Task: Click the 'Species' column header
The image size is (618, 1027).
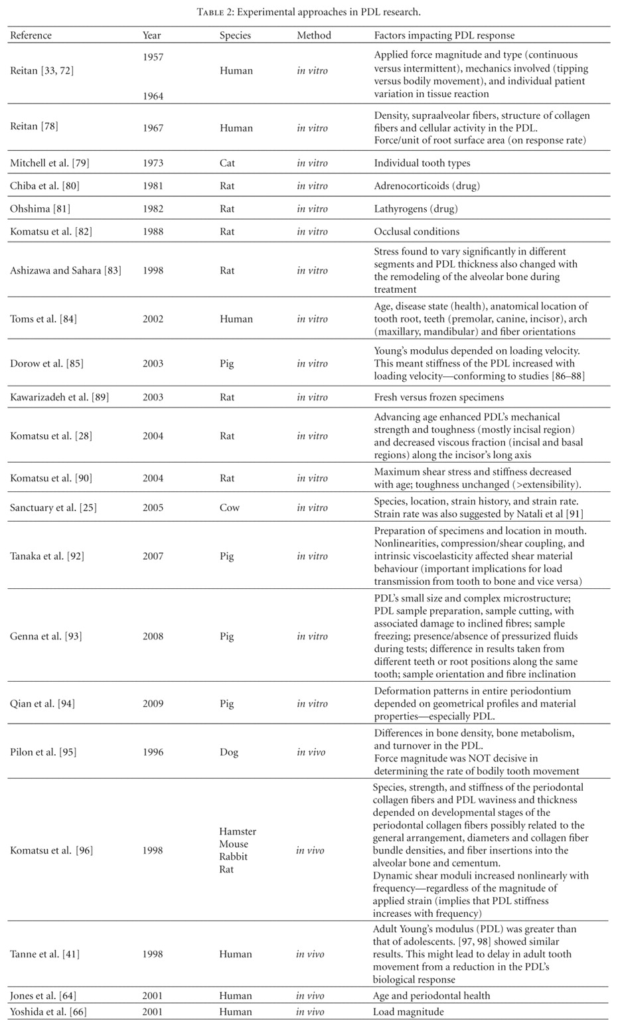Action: pos(235,35)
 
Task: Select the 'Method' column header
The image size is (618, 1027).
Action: pos(313,35)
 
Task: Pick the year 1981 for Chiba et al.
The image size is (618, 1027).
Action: pos(153,186)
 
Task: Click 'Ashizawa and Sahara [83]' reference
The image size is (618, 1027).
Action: pos(66,270)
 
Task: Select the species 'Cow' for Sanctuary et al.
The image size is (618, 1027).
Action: pos(229,508)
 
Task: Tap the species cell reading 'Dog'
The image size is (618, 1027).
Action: pos(229,752)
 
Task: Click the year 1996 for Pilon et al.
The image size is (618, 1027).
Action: pos(153,752)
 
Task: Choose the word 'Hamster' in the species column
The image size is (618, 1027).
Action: pos(238,831)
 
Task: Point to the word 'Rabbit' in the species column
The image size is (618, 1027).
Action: pos(234,856)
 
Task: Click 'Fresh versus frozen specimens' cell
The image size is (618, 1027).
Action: pos(439,397)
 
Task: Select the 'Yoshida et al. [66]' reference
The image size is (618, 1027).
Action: pos(48,1012)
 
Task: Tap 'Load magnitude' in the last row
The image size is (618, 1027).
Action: pos(408,1012)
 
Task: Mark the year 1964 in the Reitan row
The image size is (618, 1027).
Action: pos(153,96)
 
